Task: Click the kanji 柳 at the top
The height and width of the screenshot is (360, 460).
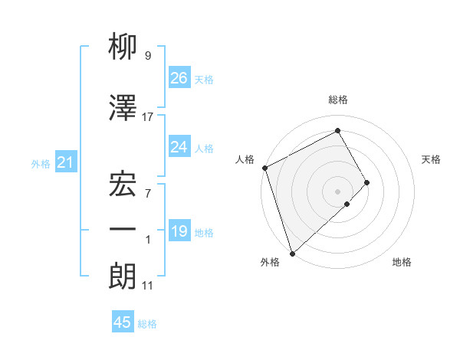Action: tap(123, 47)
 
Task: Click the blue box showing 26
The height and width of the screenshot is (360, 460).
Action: tap(179, 78)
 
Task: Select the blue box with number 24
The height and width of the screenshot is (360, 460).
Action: tap(179, 147)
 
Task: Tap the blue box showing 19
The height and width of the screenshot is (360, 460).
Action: tap(179, 231)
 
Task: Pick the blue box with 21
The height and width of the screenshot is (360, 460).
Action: tap(65, 162)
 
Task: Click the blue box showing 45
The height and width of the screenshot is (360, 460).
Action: tap(123, 322)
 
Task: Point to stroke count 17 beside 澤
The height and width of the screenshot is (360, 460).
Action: tap(148, 116)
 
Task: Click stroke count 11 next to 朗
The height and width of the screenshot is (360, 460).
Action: tap(148, 285)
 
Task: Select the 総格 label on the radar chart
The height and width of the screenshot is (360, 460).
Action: tap(337, 100)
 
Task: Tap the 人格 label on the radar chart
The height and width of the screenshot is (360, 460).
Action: tap(245, 159)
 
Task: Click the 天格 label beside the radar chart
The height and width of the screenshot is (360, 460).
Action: tap(431, 159)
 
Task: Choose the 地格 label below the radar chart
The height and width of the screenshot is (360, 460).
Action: tap(402, 262)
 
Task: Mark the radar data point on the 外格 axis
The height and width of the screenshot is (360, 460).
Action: tap(291, 252)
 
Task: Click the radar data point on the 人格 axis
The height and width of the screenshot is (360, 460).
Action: tap(264, 168)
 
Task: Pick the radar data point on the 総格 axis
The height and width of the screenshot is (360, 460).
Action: tap(337, 130)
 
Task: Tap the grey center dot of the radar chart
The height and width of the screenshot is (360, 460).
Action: tap(337, 191)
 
